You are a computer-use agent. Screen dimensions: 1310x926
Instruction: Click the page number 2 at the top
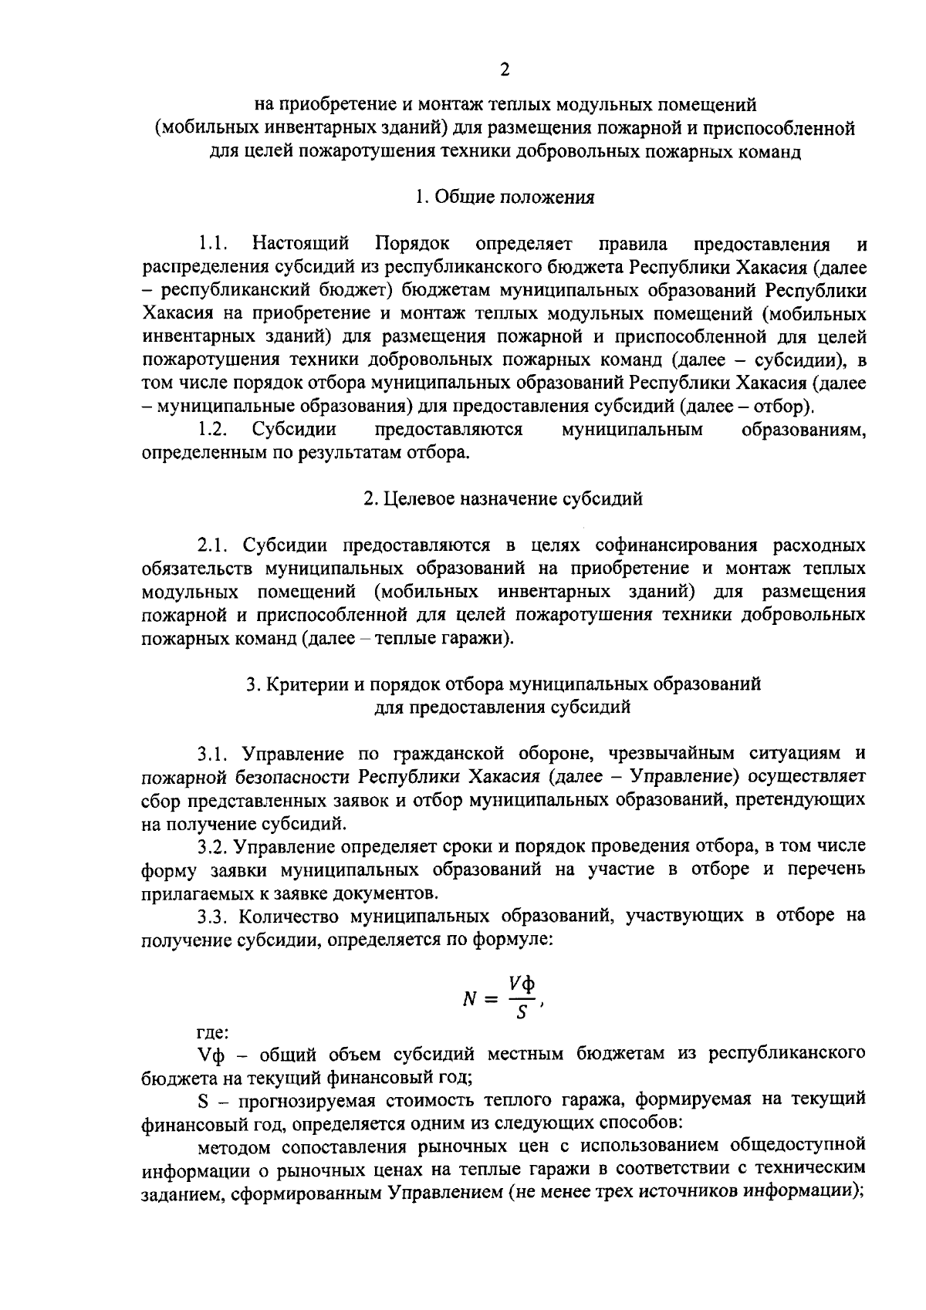point(505,71)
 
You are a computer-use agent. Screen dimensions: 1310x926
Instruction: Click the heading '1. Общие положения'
point(504,198)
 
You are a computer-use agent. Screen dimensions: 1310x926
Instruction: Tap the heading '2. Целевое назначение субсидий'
point(503,499)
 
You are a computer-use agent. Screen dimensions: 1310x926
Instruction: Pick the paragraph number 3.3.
point(215,916)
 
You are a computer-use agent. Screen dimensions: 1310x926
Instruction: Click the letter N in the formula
point(470,1000)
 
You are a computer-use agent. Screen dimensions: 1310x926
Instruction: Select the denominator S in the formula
point(521,1013)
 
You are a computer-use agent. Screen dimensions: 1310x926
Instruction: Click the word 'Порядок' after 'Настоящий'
point(412,245)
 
